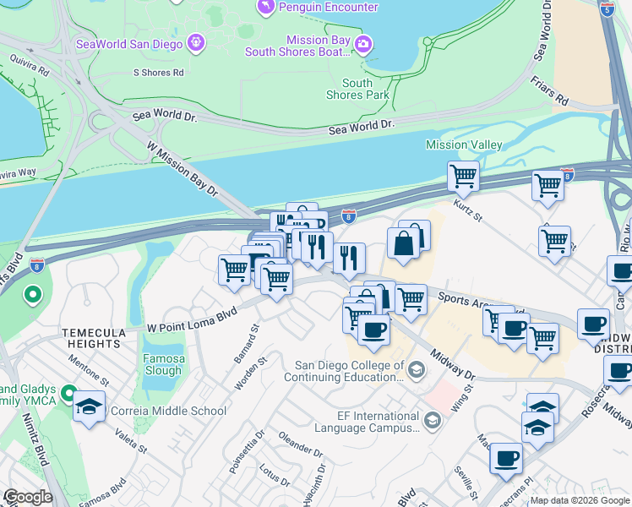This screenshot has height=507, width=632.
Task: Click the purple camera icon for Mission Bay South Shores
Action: (x=363, y=44)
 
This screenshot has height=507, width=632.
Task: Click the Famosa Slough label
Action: (x=163, y=364)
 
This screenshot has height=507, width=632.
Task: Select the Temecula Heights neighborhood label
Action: (x=93, y=338)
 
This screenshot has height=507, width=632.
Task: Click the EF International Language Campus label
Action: (x=367, y=422)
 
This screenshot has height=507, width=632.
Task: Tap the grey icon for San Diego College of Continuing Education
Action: (x=416, y=369)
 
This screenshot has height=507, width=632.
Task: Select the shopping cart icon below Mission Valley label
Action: (x=463, y=177)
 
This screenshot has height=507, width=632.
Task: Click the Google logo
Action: (x=29, y=497)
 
